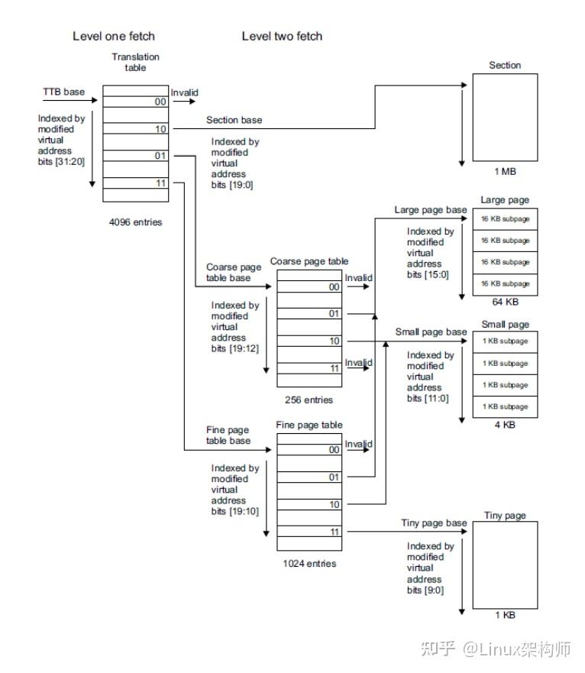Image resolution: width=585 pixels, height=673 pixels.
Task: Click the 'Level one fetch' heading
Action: point(113,36)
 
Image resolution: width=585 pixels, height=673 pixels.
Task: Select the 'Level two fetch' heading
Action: point(282,36)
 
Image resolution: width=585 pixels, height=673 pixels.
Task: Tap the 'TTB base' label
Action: point(63,92)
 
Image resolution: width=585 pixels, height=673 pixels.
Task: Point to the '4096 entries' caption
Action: point(135,223)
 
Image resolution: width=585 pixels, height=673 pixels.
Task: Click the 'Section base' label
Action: point(234,120)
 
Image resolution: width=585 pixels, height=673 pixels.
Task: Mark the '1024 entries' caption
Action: point(309,564)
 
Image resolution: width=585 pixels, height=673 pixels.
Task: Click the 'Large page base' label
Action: point(430,209)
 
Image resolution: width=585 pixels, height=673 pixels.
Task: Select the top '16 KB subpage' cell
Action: point(505,219)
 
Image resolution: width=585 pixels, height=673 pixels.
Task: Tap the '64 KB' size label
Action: point(505,302)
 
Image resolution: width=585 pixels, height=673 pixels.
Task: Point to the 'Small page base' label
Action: point(430,332)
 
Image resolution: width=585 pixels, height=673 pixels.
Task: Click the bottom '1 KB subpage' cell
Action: point(505,406)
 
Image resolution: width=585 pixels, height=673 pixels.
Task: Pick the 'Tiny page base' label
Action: point(434,523)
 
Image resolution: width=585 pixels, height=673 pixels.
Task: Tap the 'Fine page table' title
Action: point(309,425)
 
